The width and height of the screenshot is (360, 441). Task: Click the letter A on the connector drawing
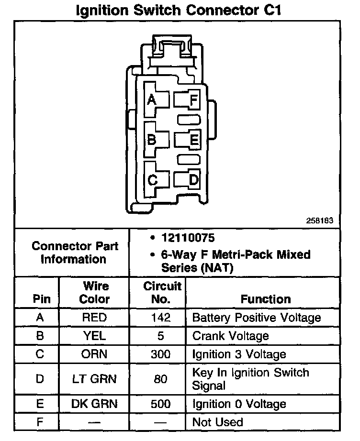(152, 99)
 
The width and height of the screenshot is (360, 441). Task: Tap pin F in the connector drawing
(194, 100)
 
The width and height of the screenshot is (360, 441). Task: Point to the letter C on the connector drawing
(152, 180)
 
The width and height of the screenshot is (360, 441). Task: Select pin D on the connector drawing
(194, 180)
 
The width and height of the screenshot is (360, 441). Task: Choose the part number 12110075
(188, 238)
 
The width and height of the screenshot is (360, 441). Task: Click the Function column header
(266, 299)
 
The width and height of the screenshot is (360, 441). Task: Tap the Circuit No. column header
(162, 293)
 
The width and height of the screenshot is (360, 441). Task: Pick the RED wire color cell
(94, 318)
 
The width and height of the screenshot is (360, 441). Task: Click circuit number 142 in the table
(160, 318)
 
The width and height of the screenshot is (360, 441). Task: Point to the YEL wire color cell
(94, 336)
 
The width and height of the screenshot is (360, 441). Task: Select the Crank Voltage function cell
(231, 336)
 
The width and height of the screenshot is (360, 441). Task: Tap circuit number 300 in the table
(160, 354)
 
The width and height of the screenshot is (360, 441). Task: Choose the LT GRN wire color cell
(94, 379)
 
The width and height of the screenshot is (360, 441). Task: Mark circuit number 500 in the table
(160, 404)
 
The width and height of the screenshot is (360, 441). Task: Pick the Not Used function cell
(217, 422)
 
